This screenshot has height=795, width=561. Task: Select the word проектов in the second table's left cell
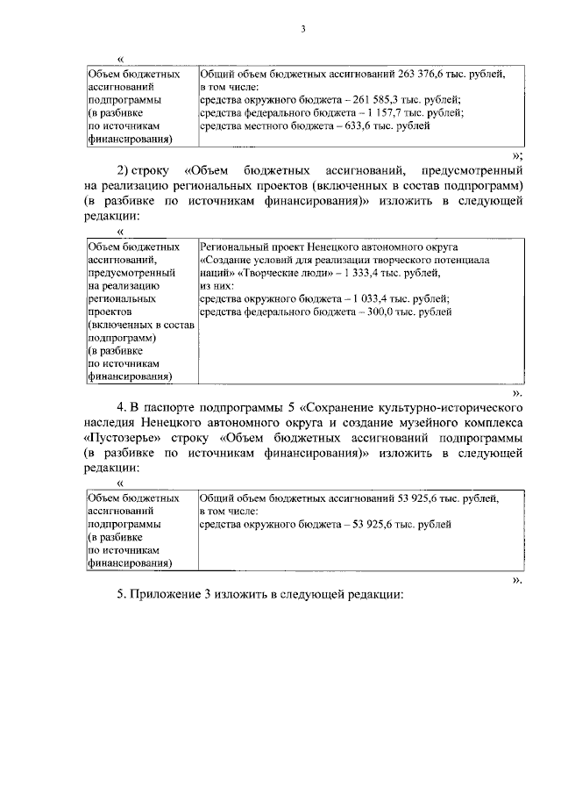[x=110, y=311]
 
